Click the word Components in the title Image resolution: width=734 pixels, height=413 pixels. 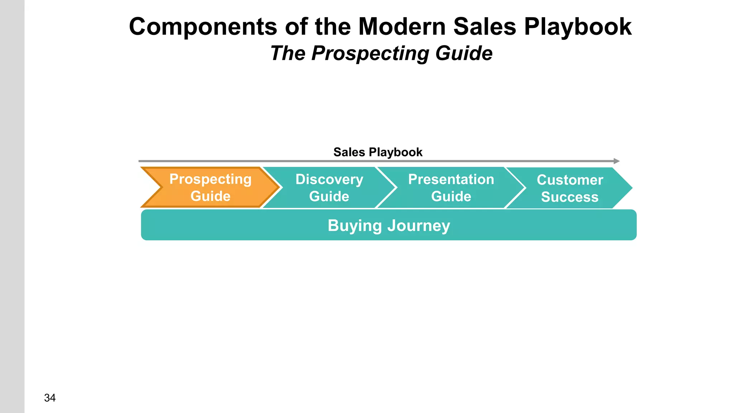(x=203, y=27)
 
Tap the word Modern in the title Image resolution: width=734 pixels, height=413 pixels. (x=402, y=27)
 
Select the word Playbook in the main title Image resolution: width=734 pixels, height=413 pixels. (x=578, y=27)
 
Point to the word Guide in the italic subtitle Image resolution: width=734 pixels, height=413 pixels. (x=464, y=54)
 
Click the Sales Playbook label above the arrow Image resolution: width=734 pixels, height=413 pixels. (x=378, y=152)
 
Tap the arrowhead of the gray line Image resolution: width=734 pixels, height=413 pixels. (x=616, y=161)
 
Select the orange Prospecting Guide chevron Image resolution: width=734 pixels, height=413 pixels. (x=210, y=187)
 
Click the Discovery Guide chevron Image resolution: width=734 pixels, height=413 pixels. (x=329, y=187)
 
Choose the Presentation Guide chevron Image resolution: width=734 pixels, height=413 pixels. (x=451, y=187)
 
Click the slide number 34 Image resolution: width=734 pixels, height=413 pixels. (x=50, y=398)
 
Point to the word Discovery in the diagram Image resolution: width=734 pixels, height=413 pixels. (x=329, y=179)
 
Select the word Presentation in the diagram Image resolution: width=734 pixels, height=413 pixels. (x=451, y=179)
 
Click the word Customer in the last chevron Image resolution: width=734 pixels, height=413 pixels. (x=570, y=180)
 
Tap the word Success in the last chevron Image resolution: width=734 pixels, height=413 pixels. (x=569, y=197)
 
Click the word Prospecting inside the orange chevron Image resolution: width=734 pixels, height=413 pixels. (x=210, y=179)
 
